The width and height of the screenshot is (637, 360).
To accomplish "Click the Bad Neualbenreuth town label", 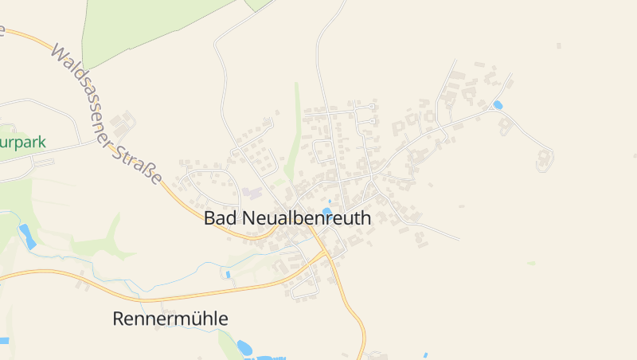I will pos(287,218).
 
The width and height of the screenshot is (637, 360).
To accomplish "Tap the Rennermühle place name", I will pos(170,319).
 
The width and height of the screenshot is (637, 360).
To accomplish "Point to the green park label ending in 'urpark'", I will pos(22,143).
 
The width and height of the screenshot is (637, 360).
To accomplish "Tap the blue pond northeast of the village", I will pos(498,105).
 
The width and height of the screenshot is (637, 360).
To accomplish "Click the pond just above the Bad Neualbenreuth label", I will pos(326,212).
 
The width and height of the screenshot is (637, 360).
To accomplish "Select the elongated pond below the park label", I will pos(27,236).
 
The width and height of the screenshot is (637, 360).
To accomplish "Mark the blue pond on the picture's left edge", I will pos(4,341).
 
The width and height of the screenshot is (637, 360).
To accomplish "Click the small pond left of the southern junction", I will pos(228,275).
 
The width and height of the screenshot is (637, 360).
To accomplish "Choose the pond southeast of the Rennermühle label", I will pos(244,347).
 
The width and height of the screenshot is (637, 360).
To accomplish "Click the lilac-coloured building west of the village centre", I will pos(252,193).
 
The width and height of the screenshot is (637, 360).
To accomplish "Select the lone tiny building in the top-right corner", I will pos(558,45).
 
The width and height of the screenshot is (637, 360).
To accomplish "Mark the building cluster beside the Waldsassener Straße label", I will pos(123,123).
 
